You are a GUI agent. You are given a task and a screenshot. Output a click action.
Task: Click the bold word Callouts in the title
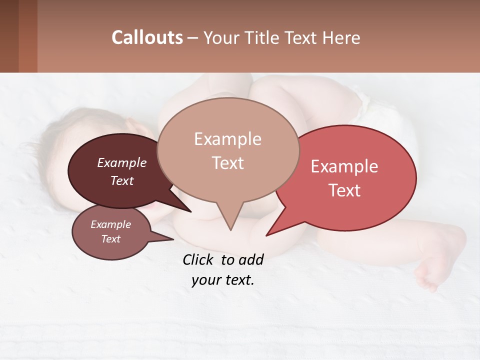pyautogui.click(x=147, y=38)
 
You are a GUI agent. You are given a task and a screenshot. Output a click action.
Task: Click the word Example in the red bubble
pyautogui.click(x=344, y=166)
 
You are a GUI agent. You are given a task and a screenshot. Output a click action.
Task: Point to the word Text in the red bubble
pyautogui.click(x=344, y=190)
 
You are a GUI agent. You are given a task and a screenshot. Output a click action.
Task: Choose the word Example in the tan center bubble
pyautogui.click(x=227, y=139)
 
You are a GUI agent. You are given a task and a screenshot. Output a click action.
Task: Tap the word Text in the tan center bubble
pyautogui.click(x=228, y=163)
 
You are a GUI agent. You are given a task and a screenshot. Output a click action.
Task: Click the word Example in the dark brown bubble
pyautogui.click(x=122, y=163)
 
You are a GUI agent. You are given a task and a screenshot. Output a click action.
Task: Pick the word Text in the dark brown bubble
pyautogui.click(x=122, y=181)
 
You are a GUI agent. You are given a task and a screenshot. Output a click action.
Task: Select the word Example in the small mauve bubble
pyautogui.click(x=111, y=224)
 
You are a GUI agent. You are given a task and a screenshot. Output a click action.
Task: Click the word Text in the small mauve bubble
pyautogui.click(x=111, y=239)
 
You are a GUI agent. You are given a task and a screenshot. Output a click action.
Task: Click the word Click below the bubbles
pyautogui.click(x=199, y=260)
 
